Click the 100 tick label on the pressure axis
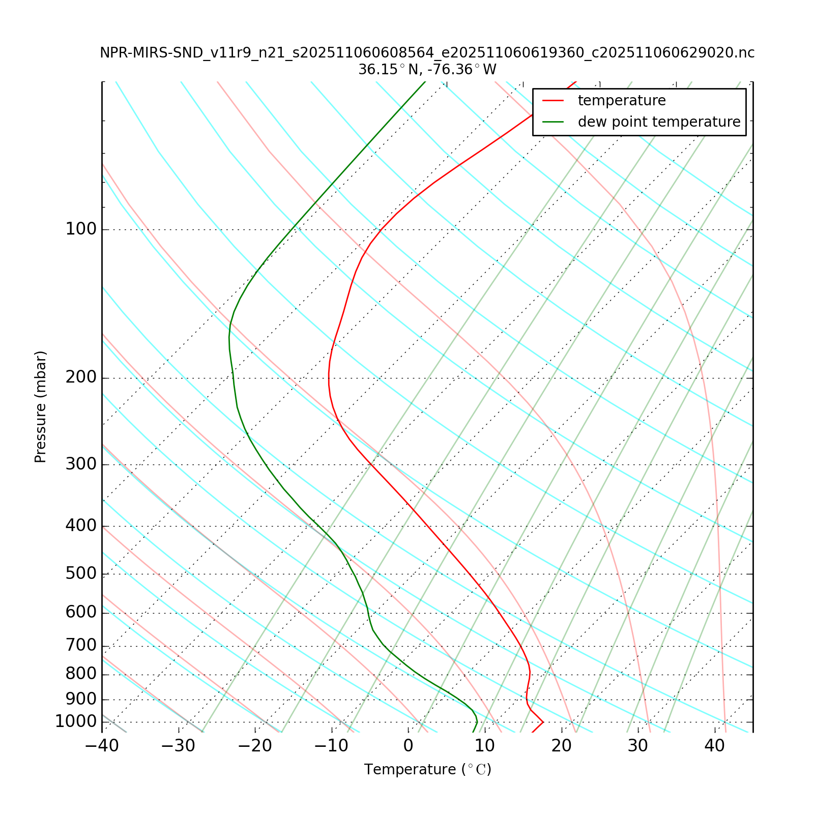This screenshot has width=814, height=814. point(81,229)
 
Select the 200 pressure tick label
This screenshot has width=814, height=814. point(81,378)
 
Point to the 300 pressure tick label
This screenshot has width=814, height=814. point(81,464)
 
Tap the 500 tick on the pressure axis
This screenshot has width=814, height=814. point(81,574)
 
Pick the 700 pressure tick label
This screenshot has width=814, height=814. point(81,646)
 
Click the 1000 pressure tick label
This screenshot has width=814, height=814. point(76,721)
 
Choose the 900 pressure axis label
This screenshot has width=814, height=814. point(81,699)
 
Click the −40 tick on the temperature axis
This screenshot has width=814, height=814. point(102,746)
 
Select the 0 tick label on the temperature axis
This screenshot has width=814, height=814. point(408,746)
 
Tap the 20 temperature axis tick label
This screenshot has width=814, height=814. point(562,746)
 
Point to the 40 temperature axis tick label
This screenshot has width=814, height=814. point(714,746)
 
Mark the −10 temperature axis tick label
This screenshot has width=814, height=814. point(331,746)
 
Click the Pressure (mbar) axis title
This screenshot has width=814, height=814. point(41,407)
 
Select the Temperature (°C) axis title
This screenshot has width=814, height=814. point(427,769)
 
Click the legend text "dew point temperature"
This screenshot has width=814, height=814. point(659,122)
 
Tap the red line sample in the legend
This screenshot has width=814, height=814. point(553,101)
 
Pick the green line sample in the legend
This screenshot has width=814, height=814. point(553,122)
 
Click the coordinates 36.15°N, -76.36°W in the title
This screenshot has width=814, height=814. point(427,69)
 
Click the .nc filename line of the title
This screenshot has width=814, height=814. point(427,53)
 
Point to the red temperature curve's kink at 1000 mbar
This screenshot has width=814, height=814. point(543,721)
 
